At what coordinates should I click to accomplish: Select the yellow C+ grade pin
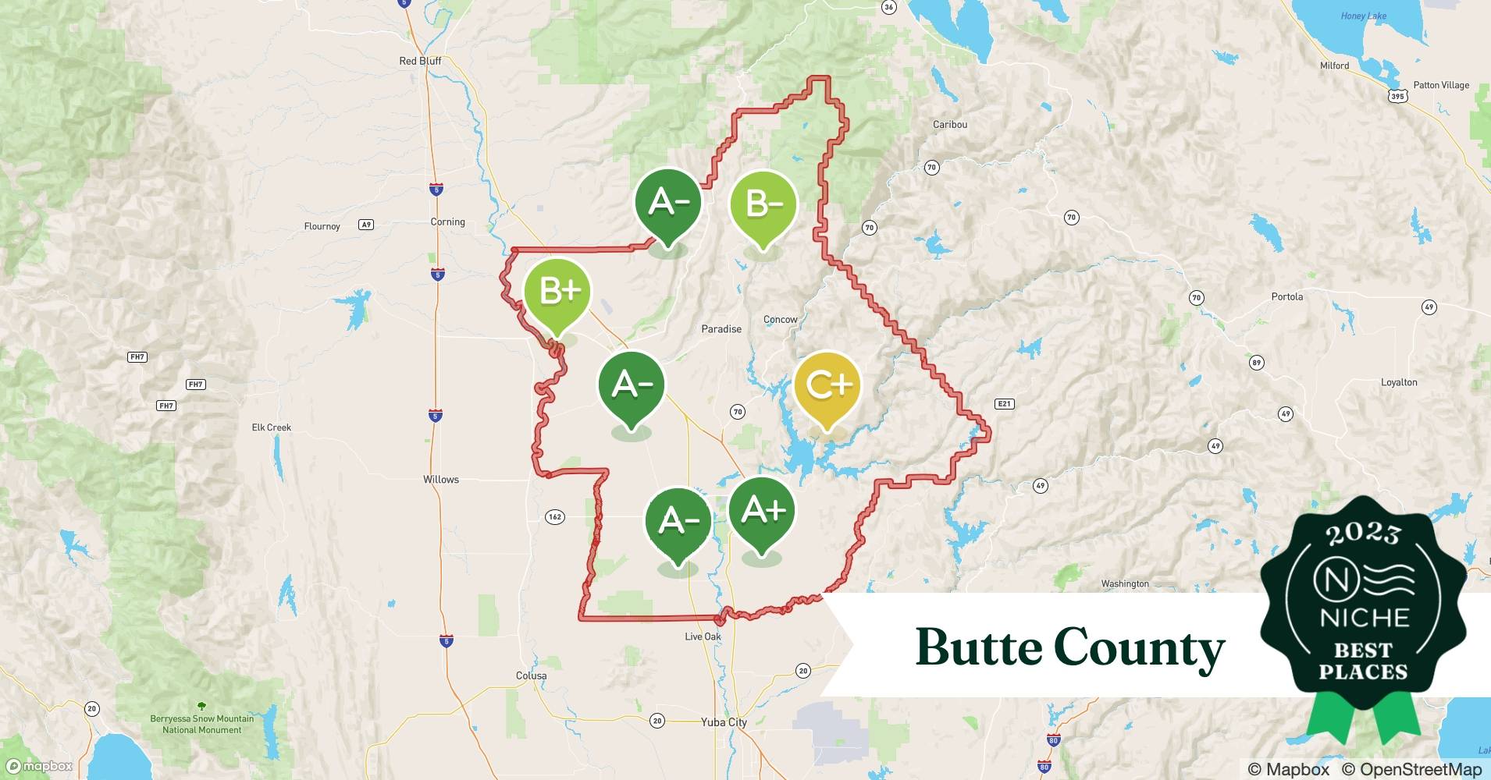click(x=827, y=386)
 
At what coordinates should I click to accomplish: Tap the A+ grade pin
click(x=762, y=511)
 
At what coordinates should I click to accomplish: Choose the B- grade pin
click(x=763, y=205)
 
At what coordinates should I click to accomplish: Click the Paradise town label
click(x=721, y=329)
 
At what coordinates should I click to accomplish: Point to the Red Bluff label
click(x=420, y=61)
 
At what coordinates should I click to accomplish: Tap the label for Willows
click(x=441, y=480)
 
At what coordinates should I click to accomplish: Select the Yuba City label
click(x=724, y=722)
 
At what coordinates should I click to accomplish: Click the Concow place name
click(x=780, y=320)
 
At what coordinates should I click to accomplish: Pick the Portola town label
click(x=1286, y=297)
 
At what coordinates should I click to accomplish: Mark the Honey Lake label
click(x=1363, y=16)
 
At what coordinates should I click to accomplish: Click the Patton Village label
click(x=1440, y=86)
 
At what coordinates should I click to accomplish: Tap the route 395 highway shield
click(x=1397, y=97)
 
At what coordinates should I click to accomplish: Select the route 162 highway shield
click(x=554, y=517)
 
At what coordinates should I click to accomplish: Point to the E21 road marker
click(x=1004, y=404)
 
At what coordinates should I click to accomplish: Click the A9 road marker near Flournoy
click(x=365, y=225)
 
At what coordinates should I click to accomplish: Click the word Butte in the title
click(x=978, y=647)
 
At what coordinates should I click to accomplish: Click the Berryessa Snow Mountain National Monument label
click(x=201, y=725)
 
